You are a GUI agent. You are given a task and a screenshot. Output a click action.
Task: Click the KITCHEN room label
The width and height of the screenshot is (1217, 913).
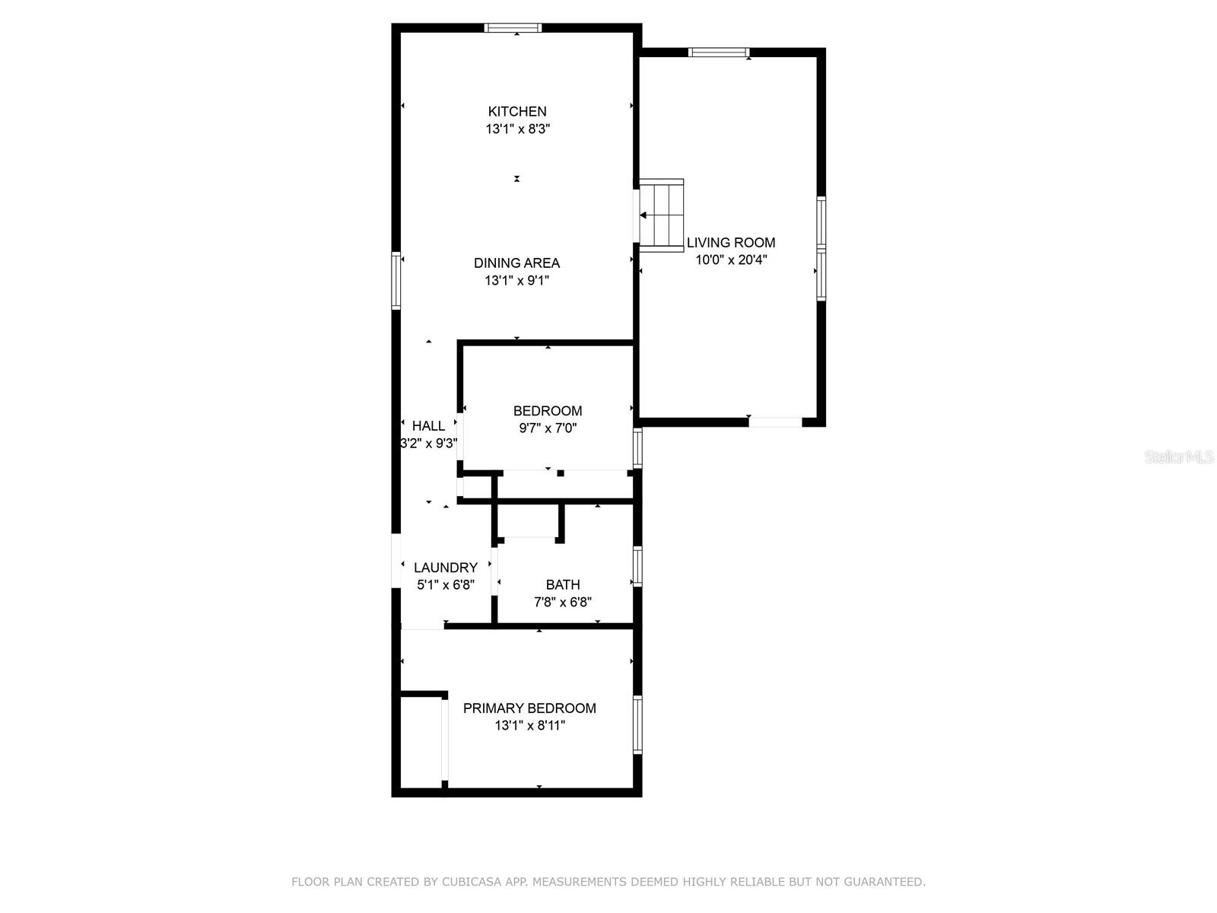click(x=517, y=111)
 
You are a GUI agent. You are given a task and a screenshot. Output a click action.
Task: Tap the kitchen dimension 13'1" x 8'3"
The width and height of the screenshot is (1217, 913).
click(x=517, y=129)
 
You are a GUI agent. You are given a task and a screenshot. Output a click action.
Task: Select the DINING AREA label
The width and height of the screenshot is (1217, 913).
click(x=516, y=262)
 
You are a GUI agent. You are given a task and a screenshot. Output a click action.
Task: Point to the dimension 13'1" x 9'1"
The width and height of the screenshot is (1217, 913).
click(x=516, y=281)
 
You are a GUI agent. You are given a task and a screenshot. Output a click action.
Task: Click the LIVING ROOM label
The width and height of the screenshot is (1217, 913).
click(x=731, y=243)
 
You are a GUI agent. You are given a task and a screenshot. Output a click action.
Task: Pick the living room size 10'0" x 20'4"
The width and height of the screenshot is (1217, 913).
click(x=731, y=260)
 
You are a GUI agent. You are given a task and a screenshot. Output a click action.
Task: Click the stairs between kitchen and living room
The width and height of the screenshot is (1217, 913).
click(x=662, y=215)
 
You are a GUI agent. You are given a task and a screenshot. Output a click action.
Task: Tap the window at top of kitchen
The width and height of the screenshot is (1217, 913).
click(x=513, y=28)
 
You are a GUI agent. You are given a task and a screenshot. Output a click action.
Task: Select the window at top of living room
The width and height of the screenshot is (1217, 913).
click(x=718, y=52)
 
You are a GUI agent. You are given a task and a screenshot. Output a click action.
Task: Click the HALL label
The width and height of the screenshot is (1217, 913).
click(x=428, y=426)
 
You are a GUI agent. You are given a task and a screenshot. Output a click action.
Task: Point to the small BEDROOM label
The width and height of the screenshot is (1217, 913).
click(x=548, y=411)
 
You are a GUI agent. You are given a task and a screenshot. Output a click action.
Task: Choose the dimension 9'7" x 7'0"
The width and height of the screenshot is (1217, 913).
click(x=548, y=428)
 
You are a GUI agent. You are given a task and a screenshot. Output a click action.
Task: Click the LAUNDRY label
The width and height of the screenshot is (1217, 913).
click(x=446, y=568)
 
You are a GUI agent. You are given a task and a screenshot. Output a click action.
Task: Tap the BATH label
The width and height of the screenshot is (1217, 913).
click(x=563, y=585)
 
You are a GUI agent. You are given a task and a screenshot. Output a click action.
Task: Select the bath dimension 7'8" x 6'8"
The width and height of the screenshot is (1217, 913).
click(x=563, y=603)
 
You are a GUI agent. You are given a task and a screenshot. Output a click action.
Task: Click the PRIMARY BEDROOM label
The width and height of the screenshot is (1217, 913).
click(x=529, y=708)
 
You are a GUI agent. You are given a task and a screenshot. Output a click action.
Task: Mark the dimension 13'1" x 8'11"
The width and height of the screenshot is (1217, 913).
click(x=529, y=726)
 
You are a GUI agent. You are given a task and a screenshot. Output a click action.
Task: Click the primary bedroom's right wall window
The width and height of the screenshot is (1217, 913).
click(x=638, y=725)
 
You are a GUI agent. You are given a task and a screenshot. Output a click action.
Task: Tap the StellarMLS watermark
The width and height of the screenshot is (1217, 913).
click(x=1179, y=457)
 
